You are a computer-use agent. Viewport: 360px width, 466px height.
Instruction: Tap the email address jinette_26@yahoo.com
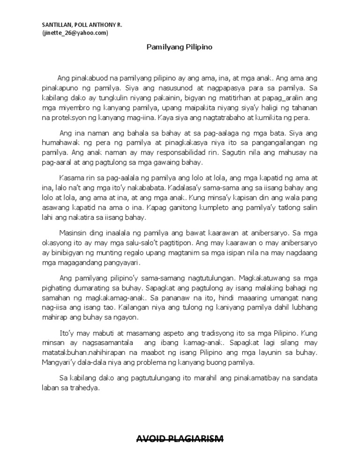[x=75, y=32]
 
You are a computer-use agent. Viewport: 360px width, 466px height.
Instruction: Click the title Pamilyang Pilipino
[x=180, y=47]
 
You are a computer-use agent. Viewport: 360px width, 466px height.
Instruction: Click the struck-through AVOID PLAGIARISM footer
[x=180, y=439]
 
